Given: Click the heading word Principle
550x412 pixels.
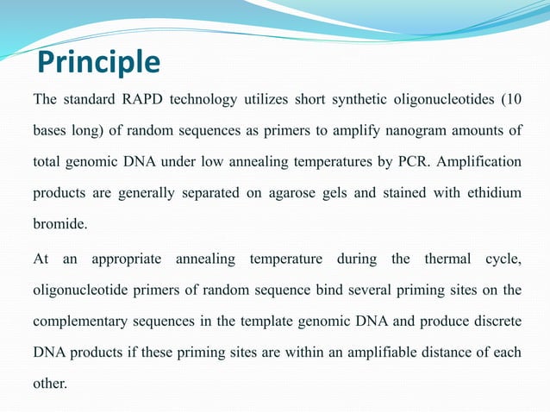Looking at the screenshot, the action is [98, 62].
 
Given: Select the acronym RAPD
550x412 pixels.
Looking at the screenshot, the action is [142, 99].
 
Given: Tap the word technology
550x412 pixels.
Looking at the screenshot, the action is [203, 100].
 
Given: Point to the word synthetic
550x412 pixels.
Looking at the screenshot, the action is [359, 100].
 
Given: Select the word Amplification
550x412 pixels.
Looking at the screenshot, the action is [478, 162].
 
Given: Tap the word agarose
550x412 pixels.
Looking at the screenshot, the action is [292, 194].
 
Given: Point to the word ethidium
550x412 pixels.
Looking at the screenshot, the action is [494, 192].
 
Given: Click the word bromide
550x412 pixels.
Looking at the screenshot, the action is [60, 223].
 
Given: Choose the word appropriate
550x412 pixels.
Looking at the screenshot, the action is [126, 259].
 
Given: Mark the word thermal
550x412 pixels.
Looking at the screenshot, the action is [447, 259].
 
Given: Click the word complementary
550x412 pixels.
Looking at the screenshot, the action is [80, 322].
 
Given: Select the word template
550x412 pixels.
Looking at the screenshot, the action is [266, 321].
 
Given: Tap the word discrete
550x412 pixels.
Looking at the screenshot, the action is [497, 321].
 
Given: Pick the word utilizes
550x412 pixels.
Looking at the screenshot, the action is [266, 99].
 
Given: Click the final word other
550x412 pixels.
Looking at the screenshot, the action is [50, 384].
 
